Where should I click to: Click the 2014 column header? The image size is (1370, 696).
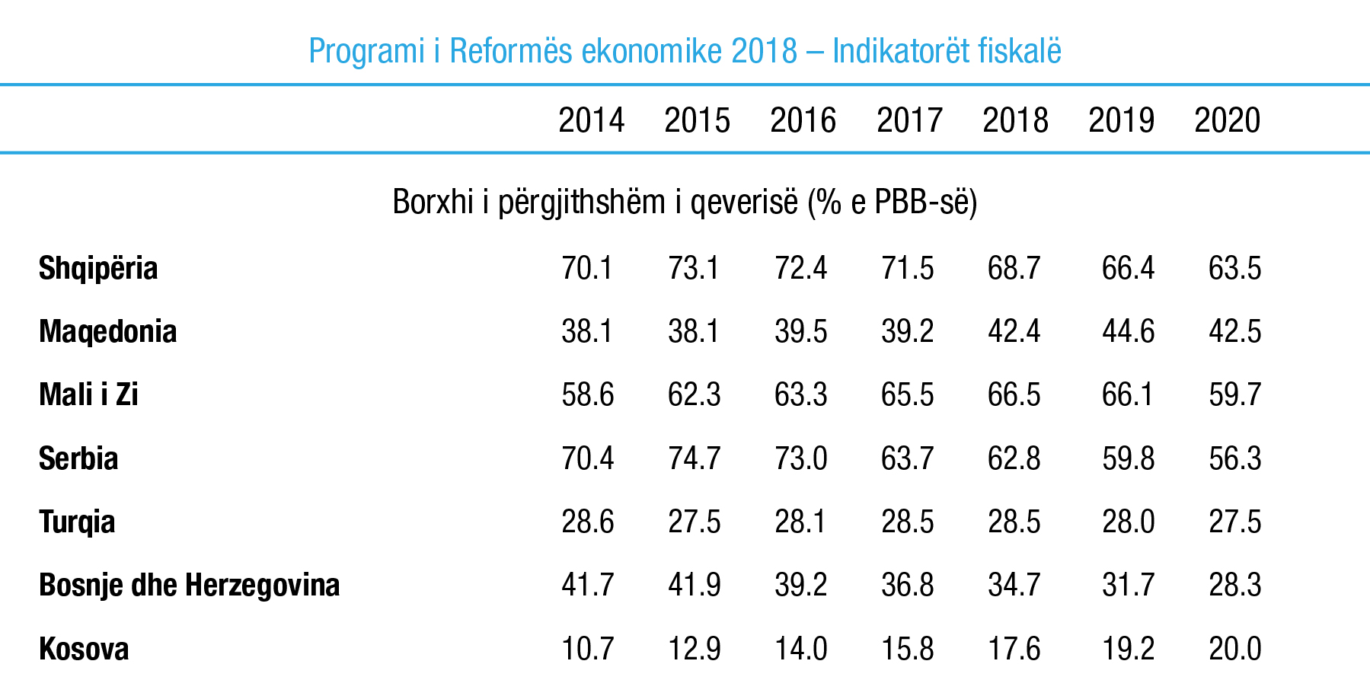pyautogui.click(x=591, y=120)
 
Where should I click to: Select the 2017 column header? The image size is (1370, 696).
pyautogui.click(x=909, y=120)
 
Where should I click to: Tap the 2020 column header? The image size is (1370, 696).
pyautogui.click(x=1227, y=120)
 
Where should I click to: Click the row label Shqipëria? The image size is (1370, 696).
pyautogui.click(x=98, y=269)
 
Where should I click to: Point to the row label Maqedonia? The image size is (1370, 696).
pyautogui.click(x=107, y=332)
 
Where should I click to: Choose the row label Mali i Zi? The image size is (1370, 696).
pyautogui.click(x=88, y=395)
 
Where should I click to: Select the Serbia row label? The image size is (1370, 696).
pyautogui.click(x=78, y=458)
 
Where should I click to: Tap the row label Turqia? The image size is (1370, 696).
pyautogui.click(x=77, y=522)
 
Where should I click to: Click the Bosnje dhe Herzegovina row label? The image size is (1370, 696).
pyautogui.click(x=189, y=586)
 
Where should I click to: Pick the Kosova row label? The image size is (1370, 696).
pyautogui.click(x=84, y=650)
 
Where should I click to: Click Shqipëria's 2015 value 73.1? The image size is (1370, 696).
pyautogui.click(x=694, y=269)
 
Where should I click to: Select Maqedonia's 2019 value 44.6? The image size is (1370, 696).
pyautogui.click(x=1128, y=332)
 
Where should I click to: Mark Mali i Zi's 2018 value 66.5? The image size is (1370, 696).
pyautogui.click(x=1014, y=395)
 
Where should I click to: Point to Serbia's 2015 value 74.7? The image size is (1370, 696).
pyautogui.click(x=694, y=458)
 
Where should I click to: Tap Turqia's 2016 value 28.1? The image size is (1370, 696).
pyautogui.click(x=800, y=522)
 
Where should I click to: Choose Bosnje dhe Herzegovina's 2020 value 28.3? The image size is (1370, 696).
pyautogui.click(x=1234, y=586)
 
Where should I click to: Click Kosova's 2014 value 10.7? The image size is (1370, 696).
pyautogui.click(x=587, y=650)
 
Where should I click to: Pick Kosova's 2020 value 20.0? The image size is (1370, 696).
pyautogui.click(x=1234, y=650)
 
